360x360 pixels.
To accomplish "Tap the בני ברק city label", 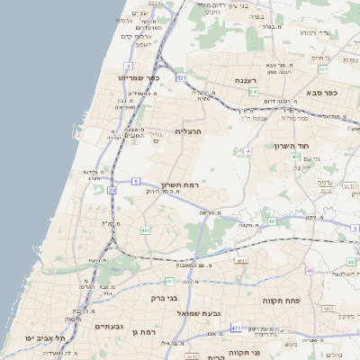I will click(191, 296).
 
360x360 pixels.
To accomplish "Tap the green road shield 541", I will click(254, 92).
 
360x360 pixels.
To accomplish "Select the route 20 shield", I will click(112, 191).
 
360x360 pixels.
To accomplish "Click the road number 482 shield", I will click(146, 230).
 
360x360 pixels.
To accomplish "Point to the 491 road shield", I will click(273, 220).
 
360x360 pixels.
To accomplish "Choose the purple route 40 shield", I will click(310, 270).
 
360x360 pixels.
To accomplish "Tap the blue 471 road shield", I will click(236, 328).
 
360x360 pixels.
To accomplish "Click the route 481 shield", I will click(240, 260).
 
